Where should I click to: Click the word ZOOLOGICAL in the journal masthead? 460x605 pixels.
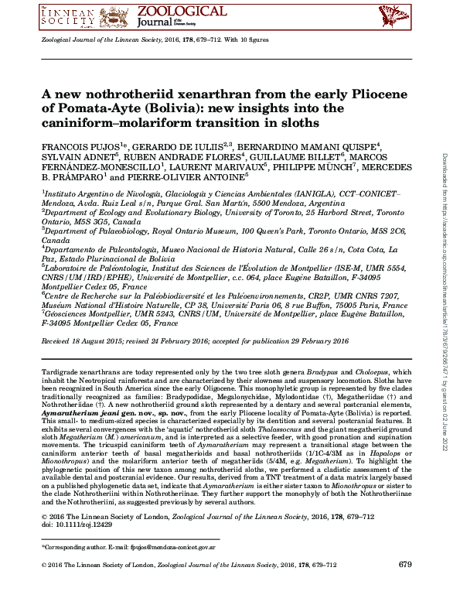182,11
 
